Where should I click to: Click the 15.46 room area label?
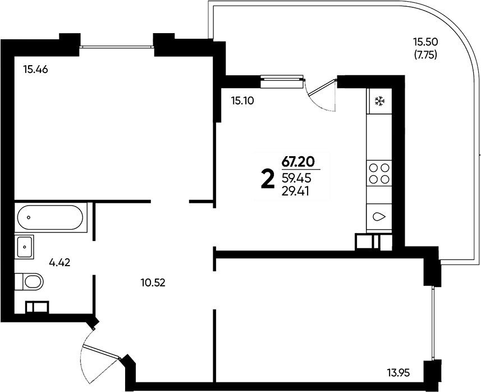coord(35,70)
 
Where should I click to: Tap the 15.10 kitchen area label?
coord(242,101)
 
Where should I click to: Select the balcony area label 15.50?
coord(425,41)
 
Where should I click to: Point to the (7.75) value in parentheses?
coord(425,55)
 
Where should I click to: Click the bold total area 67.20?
coord(298,162)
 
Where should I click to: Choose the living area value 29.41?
coord(295,192)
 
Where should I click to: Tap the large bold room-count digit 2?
coord(267,180)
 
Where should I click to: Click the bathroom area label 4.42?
coord(60,262)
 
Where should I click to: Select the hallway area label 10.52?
coord(153,282)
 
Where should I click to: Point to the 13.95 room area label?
coord(398,373)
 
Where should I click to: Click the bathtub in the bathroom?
coord(51,217)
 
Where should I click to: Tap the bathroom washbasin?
coord(24,247)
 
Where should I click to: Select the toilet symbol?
coord(29,281)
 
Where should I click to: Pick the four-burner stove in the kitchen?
coord(379,173)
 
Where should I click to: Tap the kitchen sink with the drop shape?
coord(379,217)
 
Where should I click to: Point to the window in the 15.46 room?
coord(117,47)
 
